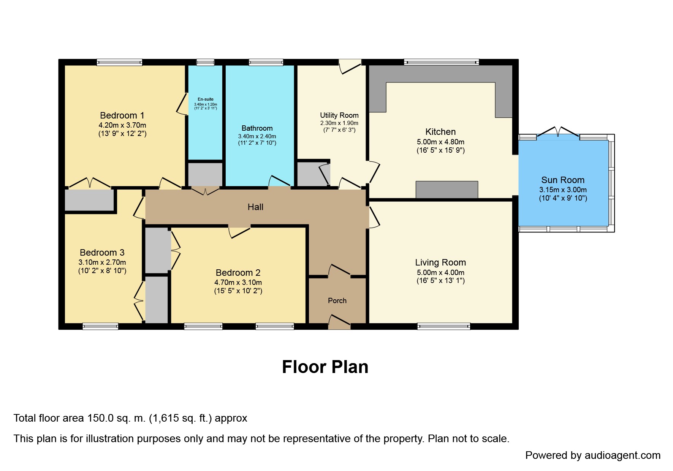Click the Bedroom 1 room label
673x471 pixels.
[x=122, y=115]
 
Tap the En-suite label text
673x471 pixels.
[x=206, y=100]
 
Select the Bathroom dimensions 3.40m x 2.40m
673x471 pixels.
[x=257, y=136]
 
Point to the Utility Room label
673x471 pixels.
[x=339, y=115]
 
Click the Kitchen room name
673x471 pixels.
[x=440, y=132]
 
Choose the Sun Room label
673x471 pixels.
[x=563, y=180]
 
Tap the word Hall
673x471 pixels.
[x=255, y=207]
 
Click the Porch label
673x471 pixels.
[x=337, y=300]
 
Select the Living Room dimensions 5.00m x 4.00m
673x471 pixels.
[x=440, y=273]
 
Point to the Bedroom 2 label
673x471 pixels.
[x=238, y=273]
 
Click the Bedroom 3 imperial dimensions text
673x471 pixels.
[x=102, y=271]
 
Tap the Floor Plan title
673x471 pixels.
[x=325, y=367]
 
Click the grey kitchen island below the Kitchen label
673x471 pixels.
[x=447, y=190]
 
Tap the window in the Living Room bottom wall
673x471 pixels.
[x=443, y=326]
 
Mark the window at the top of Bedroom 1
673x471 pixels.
[x=119, y=62]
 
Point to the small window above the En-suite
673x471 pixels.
[x=205, y=62]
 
